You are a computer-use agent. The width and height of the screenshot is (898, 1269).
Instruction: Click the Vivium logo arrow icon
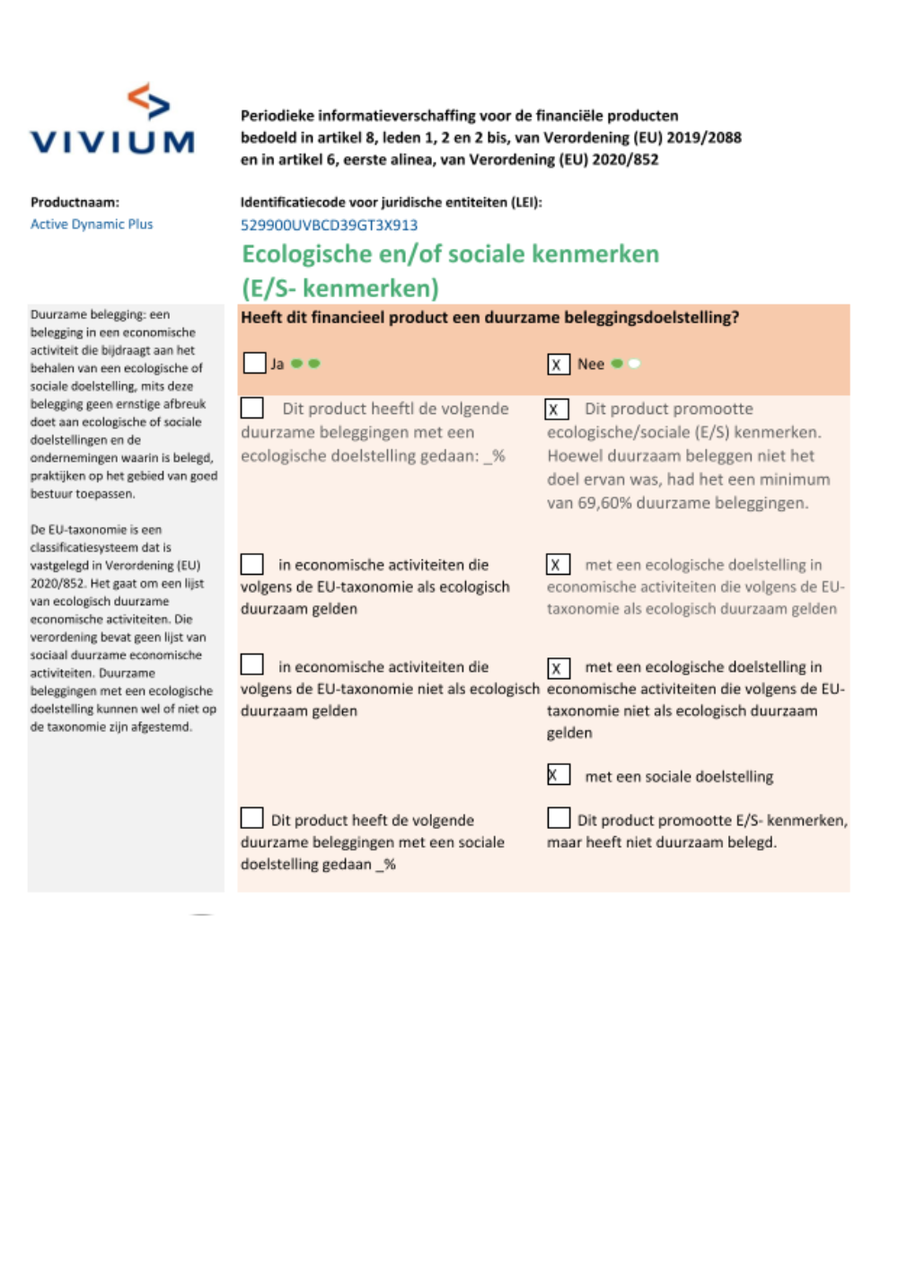tap(149, 101)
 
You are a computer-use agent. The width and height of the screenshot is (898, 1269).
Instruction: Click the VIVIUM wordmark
tap(113, 142)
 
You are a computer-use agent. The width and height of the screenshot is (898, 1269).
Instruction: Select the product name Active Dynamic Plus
tap(92, 225)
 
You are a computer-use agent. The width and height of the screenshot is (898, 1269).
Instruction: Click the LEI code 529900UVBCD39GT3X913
tap(329, 225)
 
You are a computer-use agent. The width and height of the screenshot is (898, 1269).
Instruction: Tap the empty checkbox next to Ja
tap(255, 363)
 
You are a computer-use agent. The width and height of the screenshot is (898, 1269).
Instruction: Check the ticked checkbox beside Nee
tap(558, 364)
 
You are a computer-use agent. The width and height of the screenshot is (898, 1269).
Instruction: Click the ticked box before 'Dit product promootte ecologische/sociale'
tap(556, 410)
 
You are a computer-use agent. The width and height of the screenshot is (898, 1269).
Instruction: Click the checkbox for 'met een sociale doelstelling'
tap(558, 774)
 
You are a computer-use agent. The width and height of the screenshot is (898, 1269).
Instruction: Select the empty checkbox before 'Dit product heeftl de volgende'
tap(252, 408)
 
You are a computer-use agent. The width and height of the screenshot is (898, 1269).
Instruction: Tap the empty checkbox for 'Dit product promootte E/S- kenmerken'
tap(559, 818)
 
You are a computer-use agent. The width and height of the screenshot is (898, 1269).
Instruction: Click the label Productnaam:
tap(75, 203)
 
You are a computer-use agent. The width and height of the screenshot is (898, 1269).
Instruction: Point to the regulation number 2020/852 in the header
tap(625, 160)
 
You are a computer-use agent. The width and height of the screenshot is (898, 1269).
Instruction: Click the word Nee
tap(591, 364)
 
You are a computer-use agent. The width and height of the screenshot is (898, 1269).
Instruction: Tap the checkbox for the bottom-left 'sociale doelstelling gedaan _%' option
tap(252, 818)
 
